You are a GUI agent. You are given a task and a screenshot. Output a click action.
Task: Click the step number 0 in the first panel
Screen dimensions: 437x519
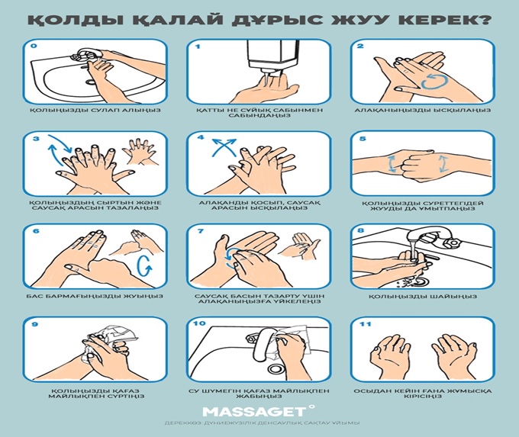click(x=34, y=47)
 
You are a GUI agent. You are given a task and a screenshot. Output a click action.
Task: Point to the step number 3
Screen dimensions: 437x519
click(x=34, y=140)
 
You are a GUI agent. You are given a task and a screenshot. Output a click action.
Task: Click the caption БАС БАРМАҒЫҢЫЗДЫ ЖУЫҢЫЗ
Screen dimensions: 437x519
click(x=95, y=296)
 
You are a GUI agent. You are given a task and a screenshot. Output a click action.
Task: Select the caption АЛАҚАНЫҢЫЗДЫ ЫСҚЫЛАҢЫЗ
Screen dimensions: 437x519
click(x=423, y=110)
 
